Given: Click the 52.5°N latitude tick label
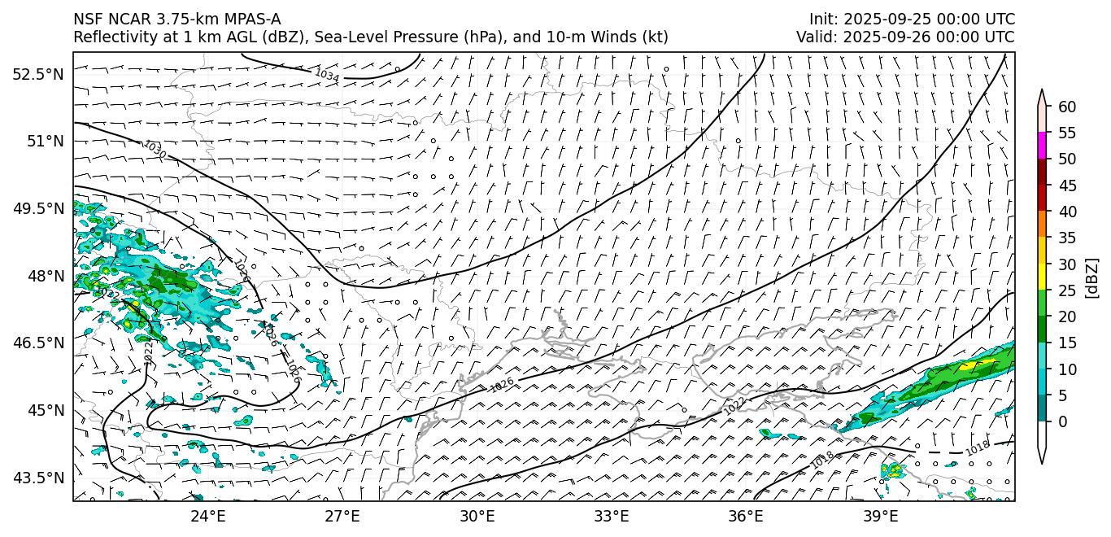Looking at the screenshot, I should click(x=37, y=74).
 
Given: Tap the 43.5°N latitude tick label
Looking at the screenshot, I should click(x=37, y=478).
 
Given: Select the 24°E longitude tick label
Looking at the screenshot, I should click(x=208, y=516).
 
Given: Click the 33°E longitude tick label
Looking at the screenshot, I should click(x=612, y=516).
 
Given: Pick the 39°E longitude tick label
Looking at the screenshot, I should click(x=881, y=516).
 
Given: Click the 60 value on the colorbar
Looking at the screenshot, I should click(x=1068, y=107).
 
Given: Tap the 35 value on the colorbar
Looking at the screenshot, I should click(x=1068, y=238).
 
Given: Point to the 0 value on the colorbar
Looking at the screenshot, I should click(x=1064, y=421).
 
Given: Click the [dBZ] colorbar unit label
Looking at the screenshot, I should click(x=1091, y=277).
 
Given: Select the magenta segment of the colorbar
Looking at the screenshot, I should click(x=1042, y=145).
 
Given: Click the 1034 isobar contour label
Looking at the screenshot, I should click(x=327, y=75).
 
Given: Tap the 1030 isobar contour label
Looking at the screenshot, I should click(x=155, y=151).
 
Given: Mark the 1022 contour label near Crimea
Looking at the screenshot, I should click(x=734, y=406).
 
